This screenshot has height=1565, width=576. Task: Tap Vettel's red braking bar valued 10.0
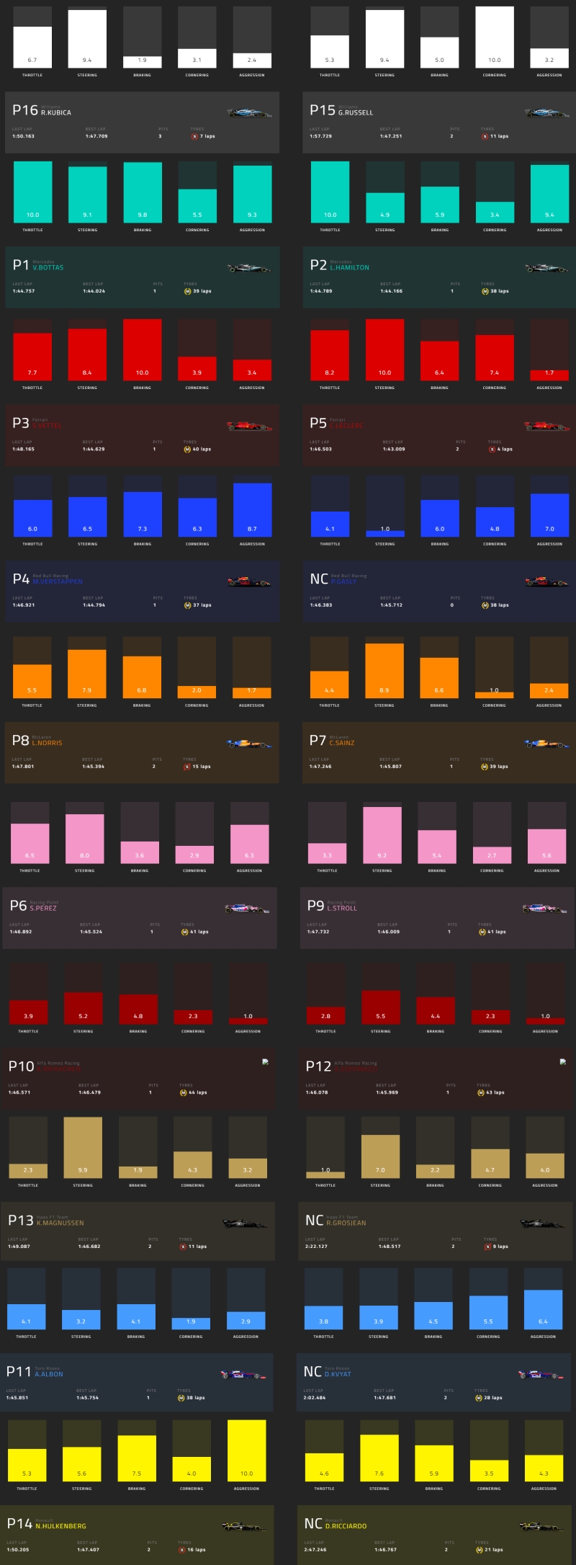(143, 349)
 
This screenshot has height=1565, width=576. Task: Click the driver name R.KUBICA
(56, 113)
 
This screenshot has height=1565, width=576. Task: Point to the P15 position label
(323, 110)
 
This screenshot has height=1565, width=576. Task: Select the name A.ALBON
(49, 1374)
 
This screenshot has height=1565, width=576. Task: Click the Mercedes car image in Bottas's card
(249, 268)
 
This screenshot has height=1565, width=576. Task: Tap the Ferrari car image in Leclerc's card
(546, 426)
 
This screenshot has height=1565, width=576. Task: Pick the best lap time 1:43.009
(394, 449)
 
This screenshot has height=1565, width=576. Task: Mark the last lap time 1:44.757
(23, 291)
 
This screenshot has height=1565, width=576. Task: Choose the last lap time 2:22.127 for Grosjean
(316, 1246)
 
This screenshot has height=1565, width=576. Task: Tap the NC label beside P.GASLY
(319, 579)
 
